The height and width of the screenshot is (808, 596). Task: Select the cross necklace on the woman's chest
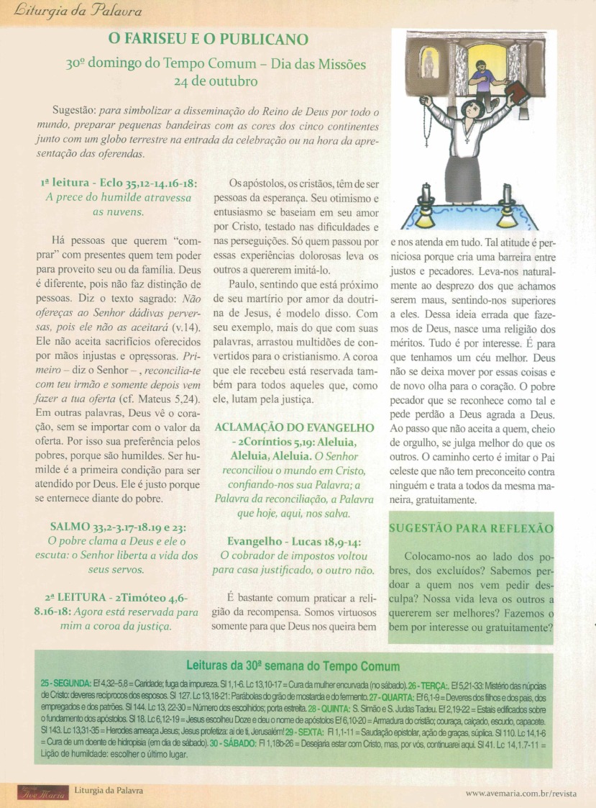pyautogui.click(x=472, y=134)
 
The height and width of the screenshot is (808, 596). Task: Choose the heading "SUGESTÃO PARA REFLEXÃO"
pyautogui.click(x=471, y=528)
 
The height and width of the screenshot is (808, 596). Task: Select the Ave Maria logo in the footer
pyautogui.click(x=41, y=792)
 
